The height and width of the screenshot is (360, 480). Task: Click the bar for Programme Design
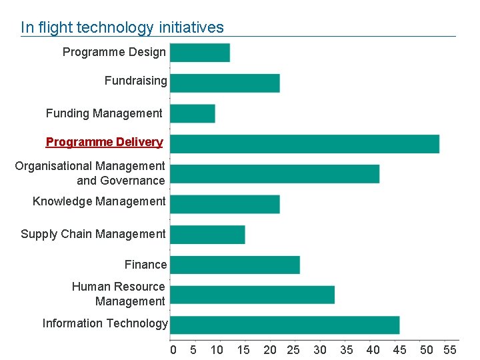pos(200,53)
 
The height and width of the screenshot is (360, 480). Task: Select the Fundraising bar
pos(225,83)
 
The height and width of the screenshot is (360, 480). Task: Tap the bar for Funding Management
pos(193,113)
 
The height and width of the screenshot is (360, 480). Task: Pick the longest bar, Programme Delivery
pos(305,144)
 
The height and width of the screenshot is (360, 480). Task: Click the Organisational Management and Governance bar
pos(275,174)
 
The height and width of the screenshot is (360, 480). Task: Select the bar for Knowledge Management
pos(225,204)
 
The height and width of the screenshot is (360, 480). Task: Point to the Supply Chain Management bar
pos(207,235)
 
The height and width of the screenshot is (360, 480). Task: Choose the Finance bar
pos(235,265)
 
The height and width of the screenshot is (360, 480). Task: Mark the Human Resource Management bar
pos(252,295)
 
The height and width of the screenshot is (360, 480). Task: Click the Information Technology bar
pos(285,325)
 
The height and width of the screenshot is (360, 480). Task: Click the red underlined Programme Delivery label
pos(104,142)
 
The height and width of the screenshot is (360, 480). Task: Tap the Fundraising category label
pos(135,81)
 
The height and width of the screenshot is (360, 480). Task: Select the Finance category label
pos(145,265)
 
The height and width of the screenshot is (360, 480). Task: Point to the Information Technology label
pos(105,323)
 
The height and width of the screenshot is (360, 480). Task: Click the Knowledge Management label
pos(99,201)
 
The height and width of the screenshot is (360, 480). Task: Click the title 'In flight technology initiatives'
pos(122,27)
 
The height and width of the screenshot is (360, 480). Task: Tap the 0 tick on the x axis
pos(173,350)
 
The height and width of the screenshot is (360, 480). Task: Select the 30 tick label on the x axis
pos(320,350)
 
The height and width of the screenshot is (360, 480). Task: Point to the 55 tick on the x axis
pos(449,350)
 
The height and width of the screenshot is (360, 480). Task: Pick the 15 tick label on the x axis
pos(243,350)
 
